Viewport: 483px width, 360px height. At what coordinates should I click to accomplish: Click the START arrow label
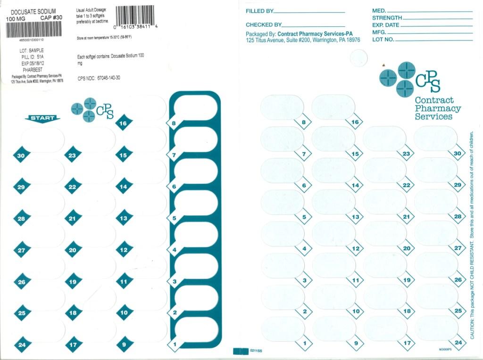click(x=42, y=118)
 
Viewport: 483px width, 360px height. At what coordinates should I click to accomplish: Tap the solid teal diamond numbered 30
click(x=21, y=155)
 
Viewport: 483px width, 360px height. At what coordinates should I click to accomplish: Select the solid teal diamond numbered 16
click(x=124, y=123)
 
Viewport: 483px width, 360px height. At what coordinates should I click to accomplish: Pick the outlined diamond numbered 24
click(x=457, y=343)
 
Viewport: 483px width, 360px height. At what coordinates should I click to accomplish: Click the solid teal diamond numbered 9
click(x=124, y=344)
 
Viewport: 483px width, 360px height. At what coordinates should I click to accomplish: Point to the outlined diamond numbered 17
click(x=407, y=343)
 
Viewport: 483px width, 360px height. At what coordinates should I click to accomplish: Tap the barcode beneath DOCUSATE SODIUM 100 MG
click(x=33, y=30)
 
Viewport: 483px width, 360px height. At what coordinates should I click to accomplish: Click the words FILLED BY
click(x=259, y=11)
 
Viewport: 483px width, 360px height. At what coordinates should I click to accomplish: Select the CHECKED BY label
click(x=264, y=25)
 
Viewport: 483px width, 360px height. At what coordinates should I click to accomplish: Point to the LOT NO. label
click(x=383, y=40)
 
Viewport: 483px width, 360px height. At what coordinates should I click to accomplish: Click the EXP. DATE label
click(x=385, y=25)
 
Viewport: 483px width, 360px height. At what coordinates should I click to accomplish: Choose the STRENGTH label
click(x=387, y=18)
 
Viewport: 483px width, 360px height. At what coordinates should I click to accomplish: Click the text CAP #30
click(x=51, y=18)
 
